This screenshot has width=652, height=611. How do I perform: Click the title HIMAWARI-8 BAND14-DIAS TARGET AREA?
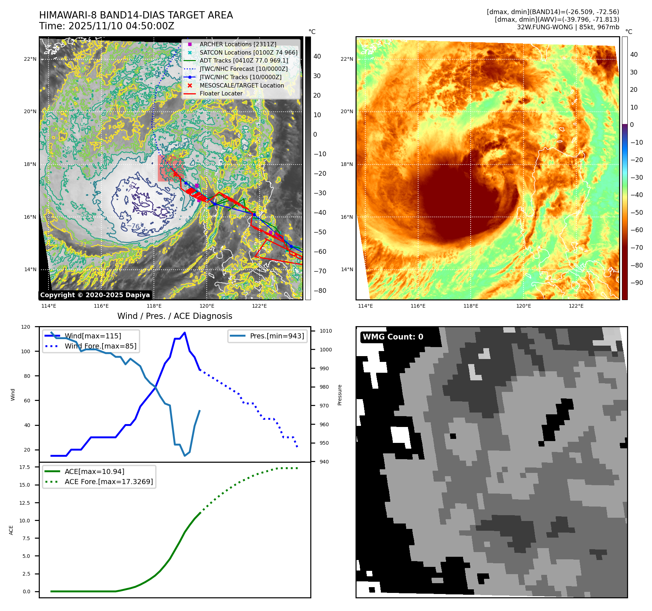(x=136, y=15)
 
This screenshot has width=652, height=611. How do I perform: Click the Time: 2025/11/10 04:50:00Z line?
(x=107, y=26)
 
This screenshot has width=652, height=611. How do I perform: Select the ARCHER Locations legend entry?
(x=237, y=44)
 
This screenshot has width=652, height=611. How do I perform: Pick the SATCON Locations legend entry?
(x=248, y=52)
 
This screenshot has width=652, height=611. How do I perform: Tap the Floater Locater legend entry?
(x=221, y=93)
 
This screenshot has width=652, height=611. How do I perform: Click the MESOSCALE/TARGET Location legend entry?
(x=241, y=85)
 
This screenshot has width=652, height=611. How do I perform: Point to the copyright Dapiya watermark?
(x=95, y=295)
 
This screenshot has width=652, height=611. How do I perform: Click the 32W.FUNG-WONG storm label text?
(x=568, y=27)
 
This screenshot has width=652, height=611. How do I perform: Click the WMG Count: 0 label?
(x=393, y=337)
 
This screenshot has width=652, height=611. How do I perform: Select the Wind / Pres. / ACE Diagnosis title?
(x=174, y=316)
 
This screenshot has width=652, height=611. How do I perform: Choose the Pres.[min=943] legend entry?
(x=277, y=336)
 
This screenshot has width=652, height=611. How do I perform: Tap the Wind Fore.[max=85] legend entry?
(x=100, y=346)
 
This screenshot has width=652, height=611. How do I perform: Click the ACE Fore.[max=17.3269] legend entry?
(x=109, y=482)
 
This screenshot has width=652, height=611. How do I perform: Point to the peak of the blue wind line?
(x=185, y=332)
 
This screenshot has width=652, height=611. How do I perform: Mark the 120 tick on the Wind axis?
(x=26, y=327)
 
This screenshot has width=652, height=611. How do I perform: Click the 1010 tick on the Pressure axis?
(x=325, y=331)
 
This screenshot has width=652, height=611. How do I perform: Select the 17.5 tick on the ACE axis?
(x=25, y=467)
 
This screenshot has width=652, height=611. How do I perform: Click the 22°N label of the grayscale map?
(x=30, y=59)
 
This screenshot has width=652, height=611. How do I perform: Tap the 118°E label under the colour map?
(x=471, y=306)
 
